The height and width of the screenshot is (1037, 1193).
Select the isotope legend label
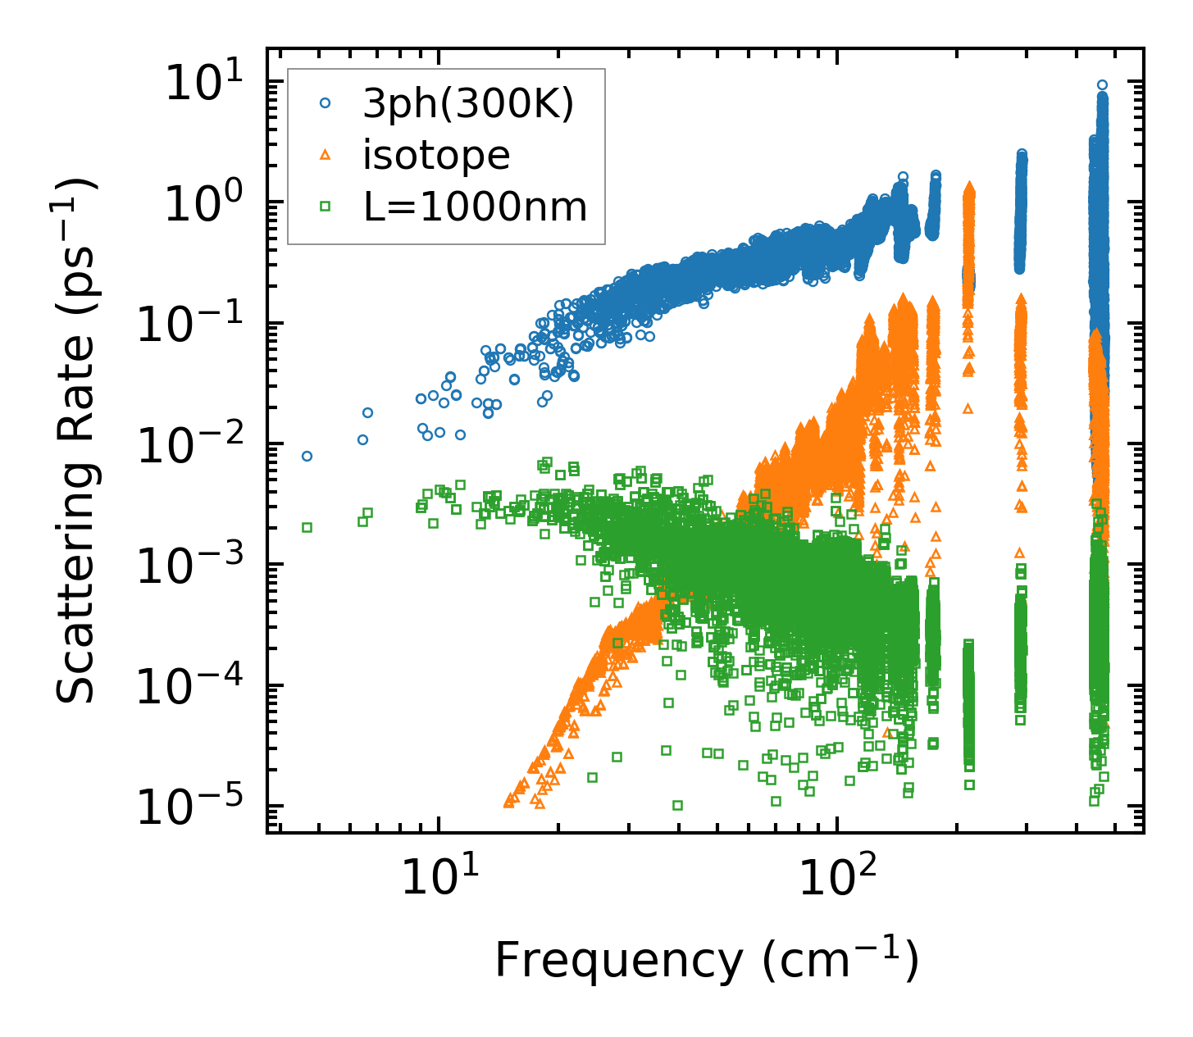436,155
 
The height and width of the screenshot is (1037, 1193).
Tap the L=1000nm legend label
476,207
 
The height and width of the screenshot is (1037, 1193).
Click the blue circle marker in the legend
326,104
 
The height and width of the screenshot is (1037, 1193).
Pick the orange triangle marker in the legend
326,154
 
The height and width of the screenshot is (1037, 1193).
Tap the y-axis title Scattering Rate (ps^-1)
75,440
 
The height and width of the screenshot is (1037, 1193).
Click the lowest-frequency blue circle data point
307,456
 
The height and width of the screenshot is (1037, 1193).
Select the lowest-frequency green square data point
307,527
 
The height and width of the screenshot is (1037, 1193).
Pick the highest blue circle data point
1102,84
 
